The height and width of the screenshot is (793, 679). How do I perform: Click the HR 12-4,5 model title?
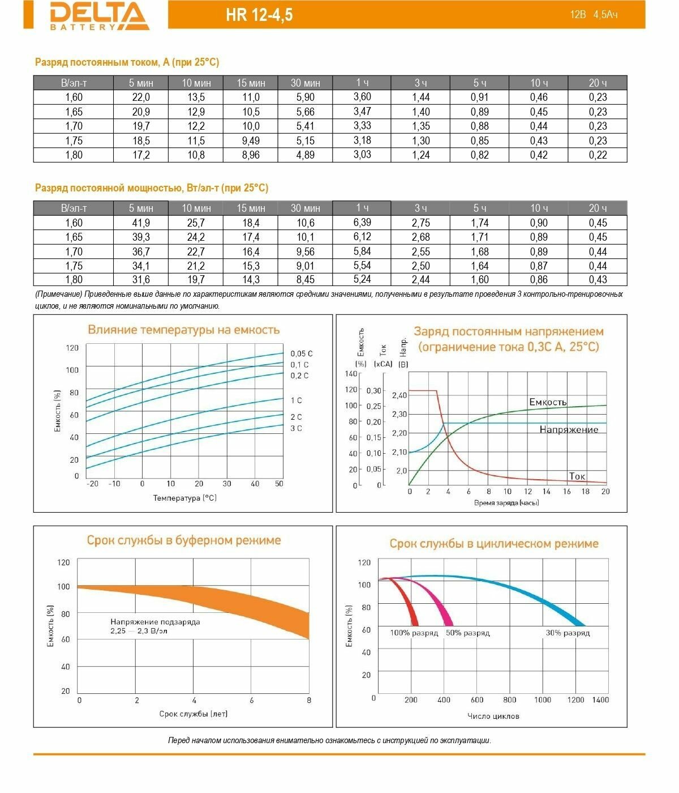point(259,15)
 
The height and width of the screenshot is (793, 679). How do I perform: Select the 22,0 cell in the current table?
point(140,97)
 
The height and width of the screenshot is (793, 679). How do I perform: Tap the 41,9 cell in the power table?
point(140,223)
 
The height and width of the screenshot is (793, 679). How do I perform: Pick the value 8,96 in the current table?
point(250,155)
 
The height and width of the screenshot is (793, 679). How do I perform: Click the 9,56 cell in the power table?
point(305,251)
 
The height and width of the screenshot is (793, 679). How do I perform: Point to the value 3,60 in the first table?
point(362,97)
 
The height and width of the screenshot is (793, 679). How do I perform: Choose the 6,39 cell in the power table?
point(362,223)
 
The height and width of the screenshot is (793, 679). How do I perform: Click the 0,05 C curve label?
point(302,353)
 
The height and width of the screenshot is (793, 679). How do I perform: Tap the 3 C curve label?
point(296,428)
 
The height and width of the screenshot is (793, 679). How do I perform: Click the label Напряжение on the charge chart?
point(569,429)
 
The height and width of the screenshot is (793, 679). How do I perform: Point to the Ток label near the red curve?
point(577,476)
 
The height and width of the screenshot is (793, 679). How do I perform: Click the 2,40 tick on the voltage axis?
point(399,395)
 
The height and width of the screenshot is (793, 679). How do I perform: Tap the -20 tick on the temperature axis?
point(91,484)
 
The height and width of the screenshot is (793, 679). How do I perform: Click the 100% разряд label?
point(414,633)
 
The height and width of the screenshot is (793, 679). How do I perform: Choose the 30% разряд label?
point(568,633)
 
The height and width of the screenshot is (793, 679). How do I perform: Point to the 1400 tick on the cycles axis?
point(600,700)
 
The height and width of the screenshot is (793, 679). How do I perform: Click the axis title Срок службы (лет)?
point(194,714)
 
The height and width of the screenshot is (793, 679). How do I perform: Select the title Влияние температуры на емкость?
point(183,330)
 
